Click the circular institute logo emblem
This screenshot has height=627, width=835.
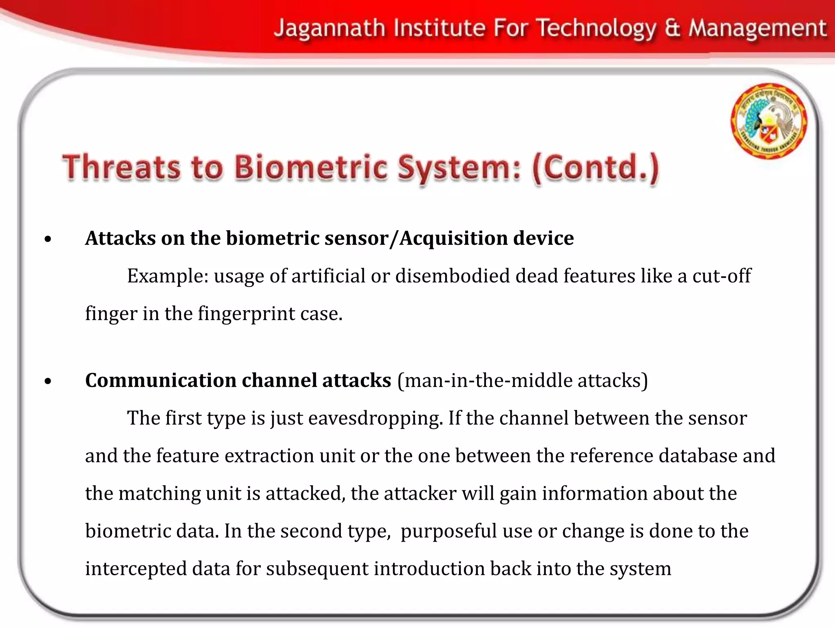pos(769,121)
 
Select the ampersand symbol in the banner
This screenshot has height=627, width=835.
pos(672,29)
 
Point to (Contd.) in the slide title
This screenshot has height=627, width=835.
pos(595,168)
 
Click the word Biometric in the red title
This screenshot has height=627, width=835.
pos(310,168)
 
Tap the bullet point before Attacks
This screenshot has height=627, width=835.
pos(48,240)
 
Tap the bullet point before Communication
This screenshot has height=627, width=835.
pos(48,382)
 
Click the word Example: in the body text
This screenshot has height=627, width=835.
pos(168,276)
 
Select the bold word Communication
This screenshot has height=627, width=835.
pos(161,380)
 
